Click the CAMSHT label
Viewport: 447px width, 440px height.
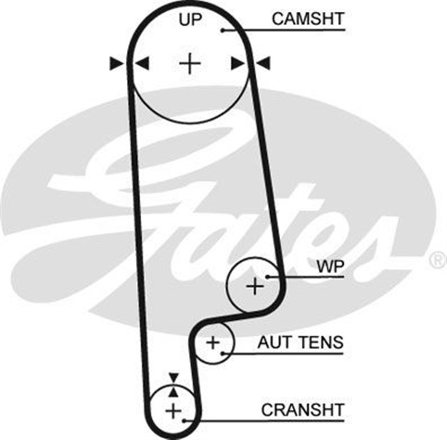coord(308,19)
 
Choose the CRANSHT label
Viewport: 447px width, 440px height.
coord(303,410)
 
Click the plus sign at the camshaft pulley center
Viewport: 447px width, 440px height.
coord(189,64)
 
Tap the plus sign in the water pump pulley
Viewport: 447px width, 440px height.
coord(255,285)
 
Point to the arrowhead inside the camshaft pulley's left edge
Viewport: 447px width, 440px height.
coord(142,64)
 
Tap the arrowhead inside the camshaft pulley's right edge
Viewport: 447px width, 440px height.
coord(237,64)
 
